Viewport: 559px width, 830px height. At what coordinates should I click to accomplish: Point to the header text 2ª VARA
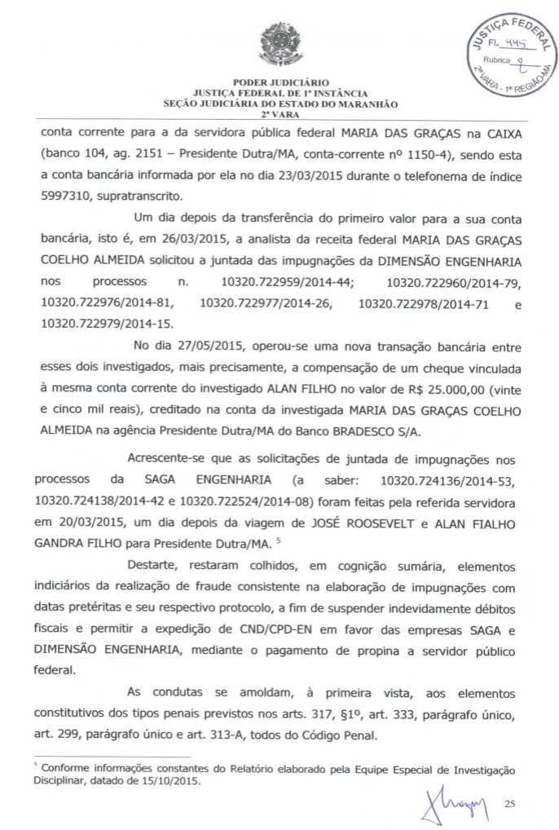[x=279, y=116]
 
